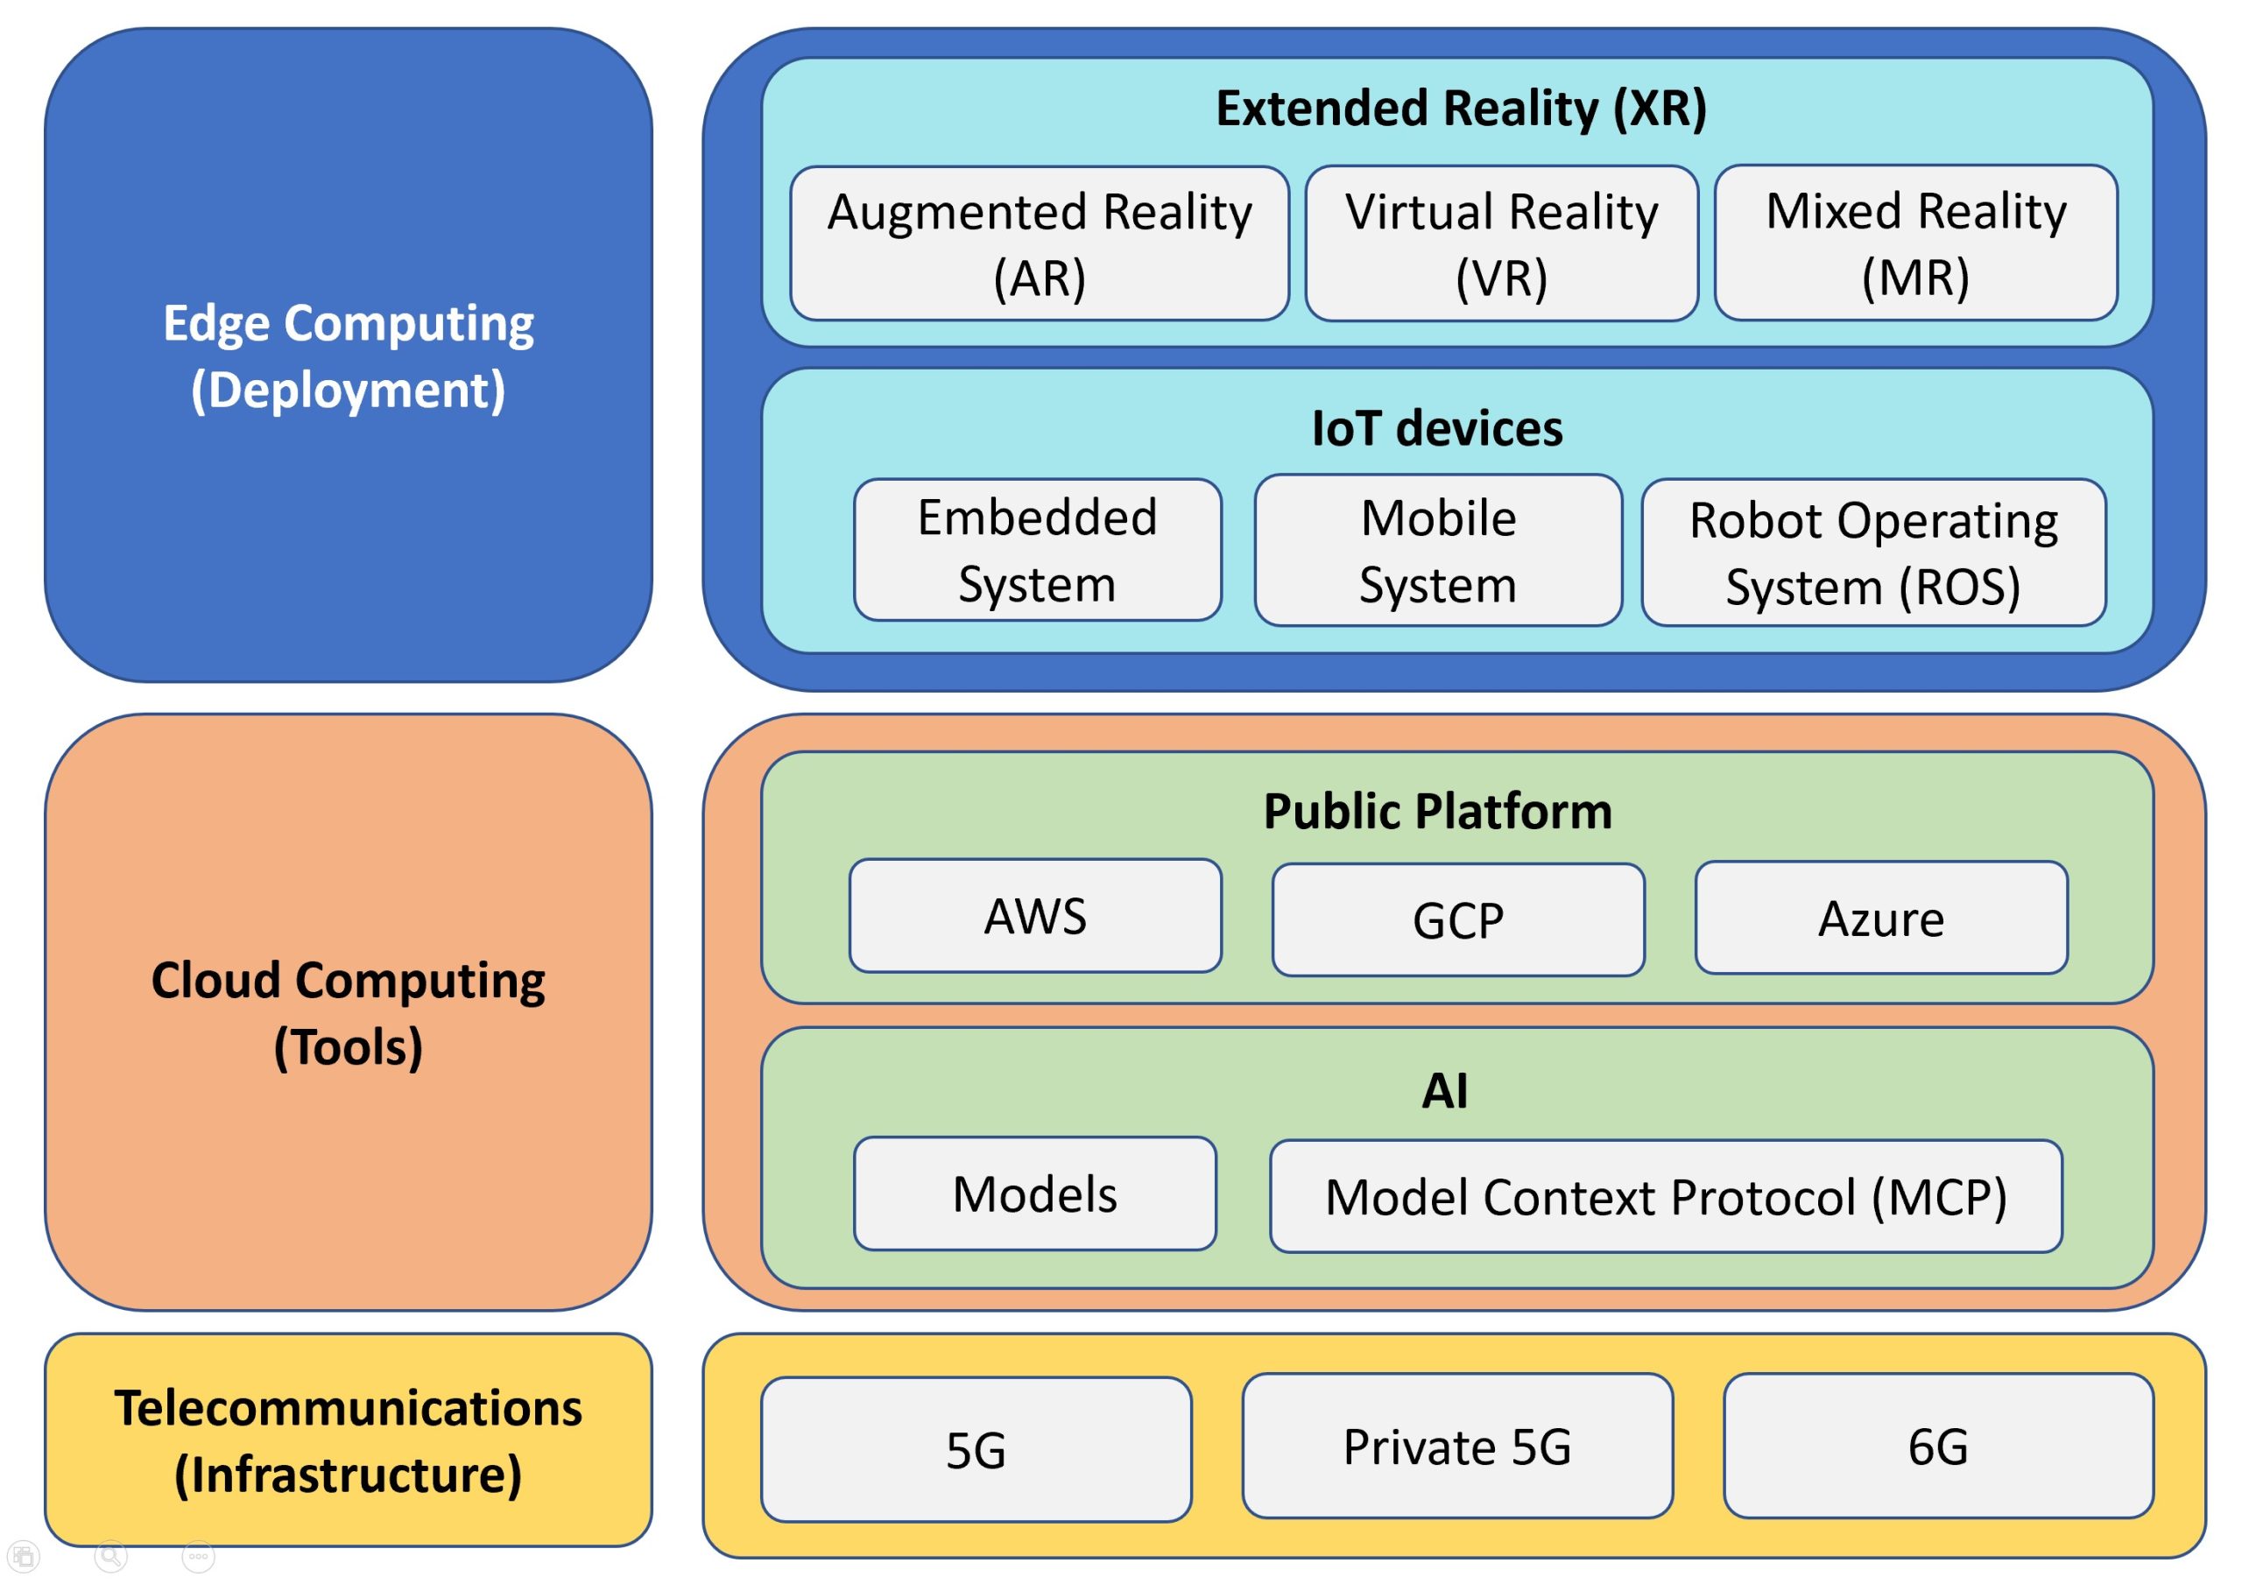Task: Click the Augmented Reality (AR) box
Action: pyautogui.click(x=1039, y=244)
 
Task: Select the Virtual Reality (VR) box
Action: pyautogui.click(x=1501, y=244)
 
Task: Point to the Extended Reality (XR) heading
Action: pyautogui.click(x=1461, y=108)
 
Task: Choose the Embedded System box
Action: pyautogui.click(x=1037, y=550)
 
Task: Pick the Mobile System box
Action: pyautogui.click(x=1437, y=551)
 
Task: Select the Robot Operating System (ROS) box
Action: pyautogui.click(x=1873, y=553)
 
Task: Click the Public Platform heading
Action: pyautogui.click(x=1437, y=811)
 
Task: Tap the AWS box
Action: pyautogui.click(x=1035, y=916)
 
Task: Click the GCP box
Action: pyautogui.click(x=1458, y=920)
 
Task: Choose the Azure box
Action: pyautogui.click(x=1880, y=918)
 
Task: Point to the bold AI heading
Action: pyautogui.click(x=1444, y=1090)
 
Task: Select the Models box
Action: pyautogui.click(x=1034, y=1193)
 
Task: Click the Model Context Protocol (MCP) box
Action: pyautogui.click(x=1665, y=1196)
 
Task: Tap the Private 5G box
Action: pyautogui.click(x=1457, y=1447)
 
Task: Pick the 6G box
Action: pyautogui.click(x=1937, y=1447)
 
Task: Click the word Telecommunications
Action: pyautogui.click(x=348, y=1407)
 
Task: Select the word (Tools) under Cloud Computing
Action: pyautogui.click(x=348, y=1047)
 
